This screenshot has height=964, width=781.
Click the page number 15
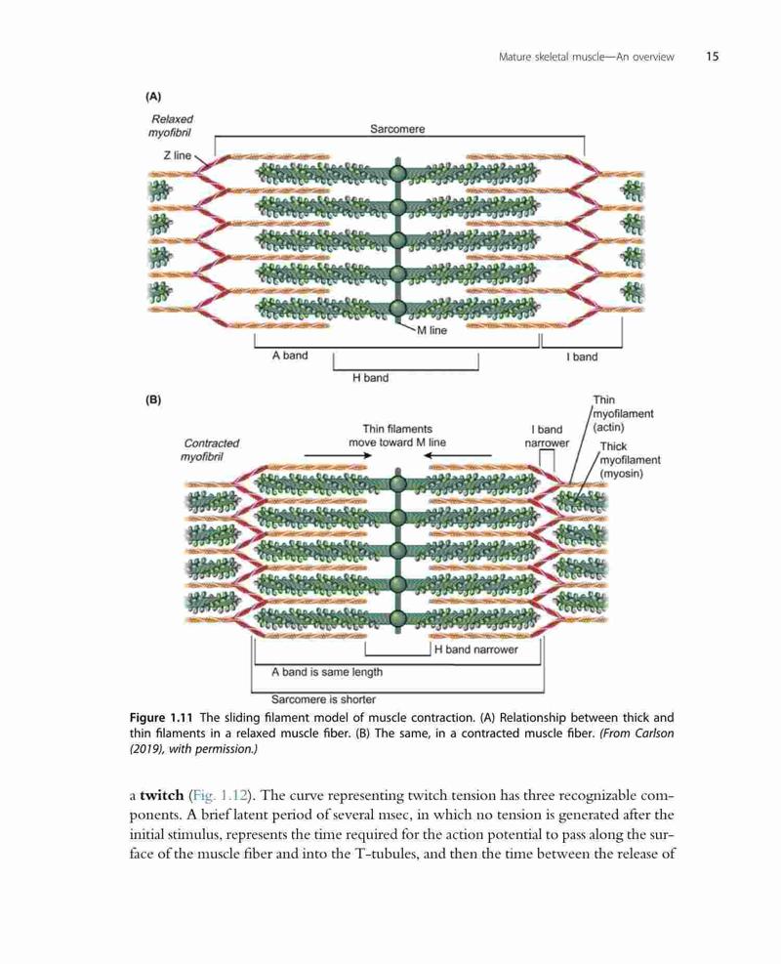point(712,57)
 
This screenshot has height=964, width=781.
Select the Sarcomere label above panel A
point(397,129)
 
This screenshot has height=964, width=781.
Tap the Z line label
point(177,155)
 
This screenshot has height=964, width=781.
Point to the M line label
point(432,330)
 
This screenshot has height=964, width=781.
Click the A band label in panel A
point(290,356)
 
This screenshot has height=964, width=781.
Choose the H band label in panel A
point(371,378)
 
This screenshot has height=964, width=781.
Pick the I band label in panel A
point(582,356)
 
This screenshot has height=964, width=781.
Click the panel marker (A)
point(153,97)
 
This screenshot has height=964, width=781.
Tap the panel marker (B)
point(153,399)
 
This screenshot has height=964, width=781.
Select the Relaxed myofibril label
point(171,126)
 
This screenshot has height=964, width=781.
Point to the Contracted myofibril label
point(210,450)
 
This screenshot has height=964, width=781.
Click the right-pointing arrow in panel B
point(339,455)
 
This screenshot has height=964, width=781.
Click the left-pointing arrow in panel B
point(458,455)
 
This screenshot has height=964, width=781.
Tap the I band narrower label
point(547,436)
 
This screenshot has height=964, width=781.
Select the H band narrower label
point(476,650)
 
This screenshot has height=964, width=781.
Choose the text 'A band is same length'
point(327,672)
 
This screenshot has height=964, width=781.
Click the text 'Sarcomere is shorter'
point(323,699)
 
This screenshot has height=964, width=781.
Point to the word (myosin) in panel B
point(621,474)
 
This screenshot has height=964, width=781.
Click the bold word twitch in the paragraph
point(162,795)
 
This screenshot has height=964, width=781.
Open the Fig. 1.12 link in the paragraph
point(220,796)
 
